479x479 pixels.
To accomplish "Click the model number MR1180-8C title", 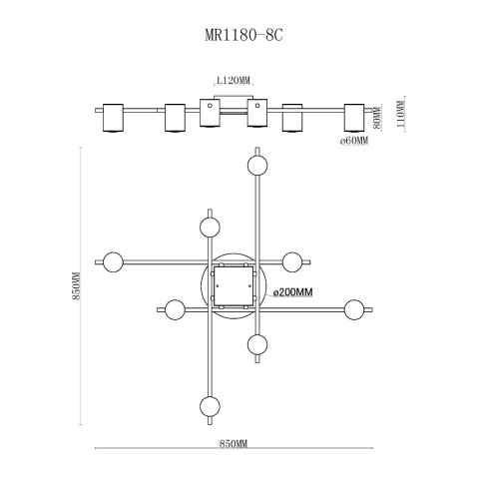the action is coord(243,35).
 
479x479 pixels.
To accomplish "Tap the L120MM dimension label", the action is coord(233,81).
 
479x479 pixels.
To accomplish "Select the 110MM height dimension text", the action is coord(401,114).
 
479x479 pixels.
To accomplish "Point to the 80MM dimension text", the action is coord(376,118).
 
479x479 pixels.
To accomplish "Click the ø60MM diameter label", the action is coord(354,141).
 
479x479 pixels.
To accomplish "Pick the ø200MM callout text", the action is coord(292,292).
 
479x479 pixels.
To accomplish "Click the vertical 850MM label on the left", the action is coord(77,285).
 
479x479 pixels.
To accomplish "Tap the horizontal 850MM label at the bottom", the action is coord(234,443).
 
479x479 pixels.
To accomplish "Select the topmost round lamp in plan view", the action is coord(257,166).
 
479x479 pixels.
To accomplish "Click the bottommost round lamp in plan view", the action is coord(210,406).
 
